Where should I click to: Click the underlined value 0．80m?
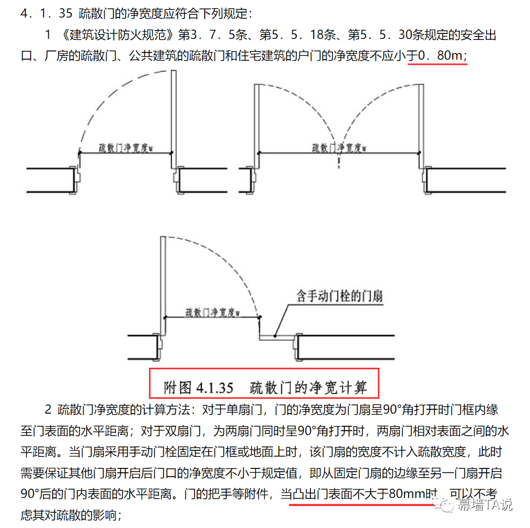click(x=438, y=56)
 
